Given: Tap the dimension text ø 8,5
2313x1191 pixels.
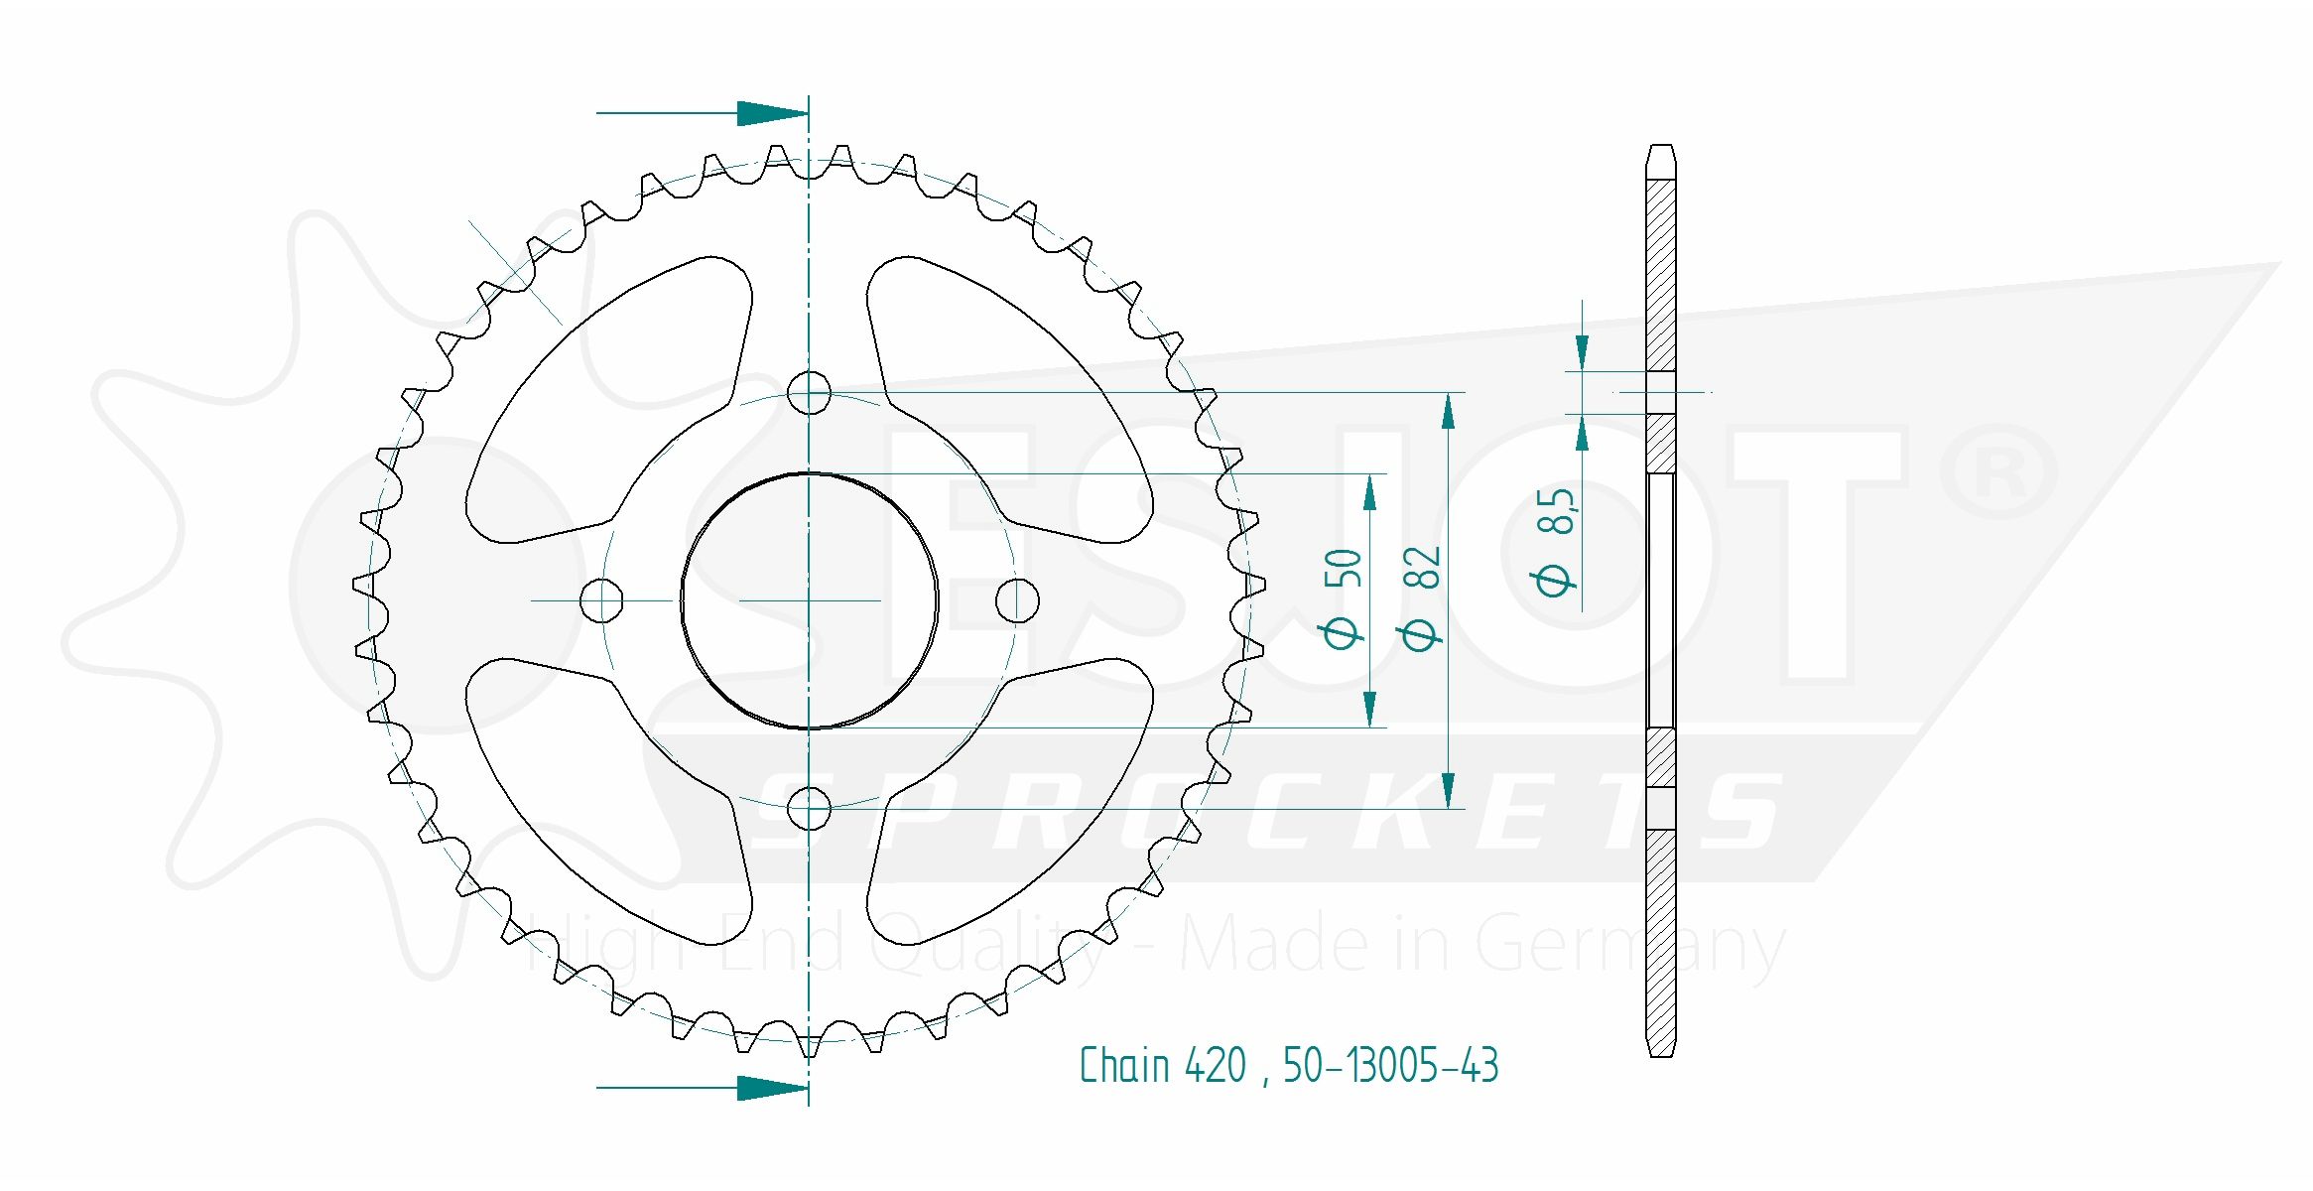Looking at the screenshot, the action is [x=1555, y=541].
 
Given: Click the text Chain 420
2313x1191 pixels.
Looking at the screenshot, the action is [x=1162, y=1066].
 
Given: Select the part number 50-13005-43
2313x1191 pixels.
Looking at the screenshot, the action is [x=1390, y=1066].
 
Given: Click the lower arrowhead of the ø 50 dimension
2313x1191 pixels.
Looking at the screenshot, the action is [x=1370, y=710].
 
